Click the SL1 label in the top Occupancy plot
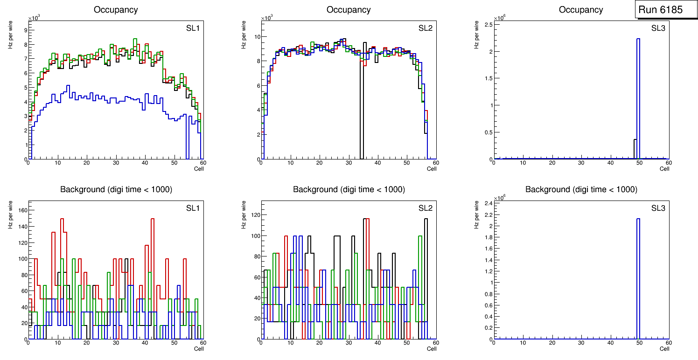pyautogui.click(x=193, y=28)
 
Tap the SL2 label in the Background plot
pyautogui.click(x=425, y=208)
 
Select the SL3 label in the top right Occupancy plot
pyautogui.click(x=658, y=28)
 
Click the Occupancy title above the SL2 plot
pyautogui.click(x=349, y=10)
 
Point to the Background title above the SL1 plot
pyautogui.click(x=116, y=189)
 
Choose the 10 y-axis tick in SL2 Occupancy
pyautogui.click(x=255, y=37)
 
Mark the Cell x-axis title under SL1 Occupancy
pyautogui.click(x=199, y=169)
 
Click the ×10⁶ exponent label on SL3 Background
pyautogui.click(x=500, y=198)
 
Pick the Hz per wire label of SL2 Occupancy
pyautogui.click(x=243, y=35)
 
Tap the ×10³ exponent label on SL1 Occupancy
pyautogui.click(x=34, y=19)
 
